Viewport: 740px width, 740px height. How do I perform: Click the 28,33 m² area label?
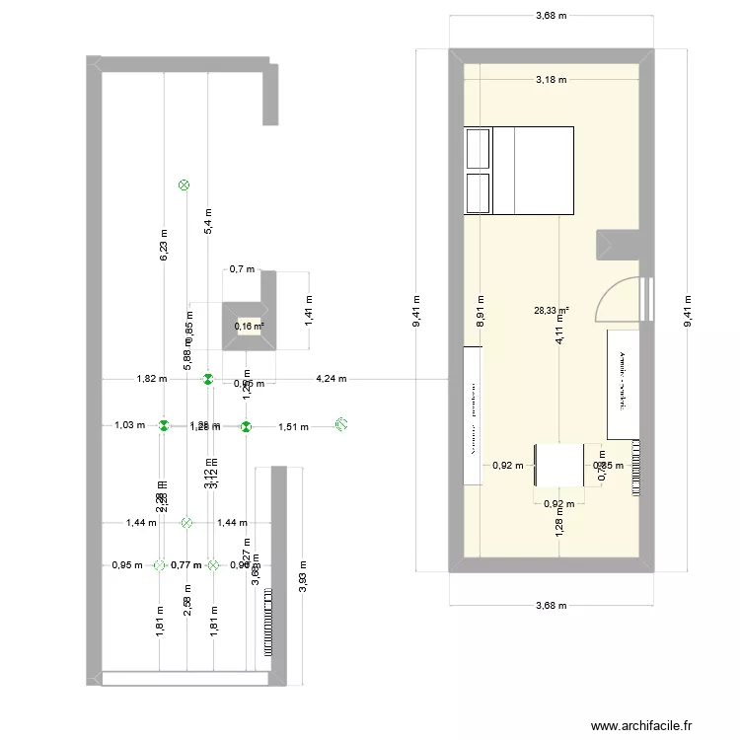553,310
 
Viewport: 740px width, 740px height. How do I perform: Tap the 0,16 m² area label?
250,327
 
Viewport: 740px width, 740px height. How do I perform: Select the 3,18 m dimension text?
551,79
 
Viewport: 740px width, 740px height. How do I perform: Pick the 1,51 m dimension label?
293,427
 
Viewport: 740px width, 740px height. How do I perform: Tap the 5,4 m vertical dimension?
207,219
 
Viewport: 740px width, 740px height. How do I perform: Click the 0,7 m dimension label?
242,268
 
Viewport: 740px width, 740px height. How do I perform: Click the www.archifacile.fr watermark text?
655,726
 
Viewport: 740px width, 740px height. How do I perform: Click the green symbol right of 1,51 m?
341,424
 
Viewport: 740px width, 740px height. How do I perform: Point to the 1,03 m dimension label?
129,426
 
